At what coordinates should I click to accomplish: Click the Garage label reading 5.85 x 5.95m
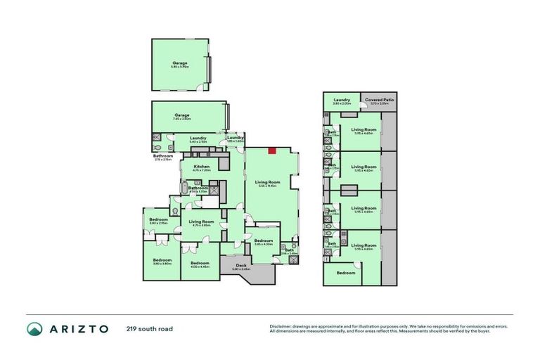click(181, 65)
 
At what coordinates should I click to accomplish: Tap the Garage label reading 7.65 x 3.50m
click(182, 117)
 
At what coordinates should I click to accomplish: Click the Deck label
click(241, 266)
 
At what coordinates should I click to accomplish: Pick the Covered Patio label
click(379, 101)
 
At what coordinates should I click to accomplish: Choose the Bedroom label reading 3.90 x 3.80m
click(162, 262)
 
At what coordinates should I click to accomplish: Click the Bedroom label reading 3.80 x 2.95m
click(158, 221)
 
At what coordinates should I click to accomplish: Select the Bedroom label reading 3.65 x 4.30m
click(264, 242)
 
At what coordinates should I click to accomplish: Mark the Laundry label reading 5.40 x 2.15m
click(198, 139)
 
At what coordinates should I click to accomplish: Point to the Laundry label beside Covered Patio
click(342, 101)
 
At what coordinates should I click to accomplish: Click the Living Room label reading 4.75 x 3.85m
click(201, 223)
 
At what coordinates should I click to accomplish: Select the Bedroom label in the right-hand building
click(345, 273)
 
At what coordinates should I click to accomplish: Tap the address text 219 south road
click(150, 329)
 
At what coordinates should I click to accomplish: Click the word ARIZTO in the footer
click(78, 329)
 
